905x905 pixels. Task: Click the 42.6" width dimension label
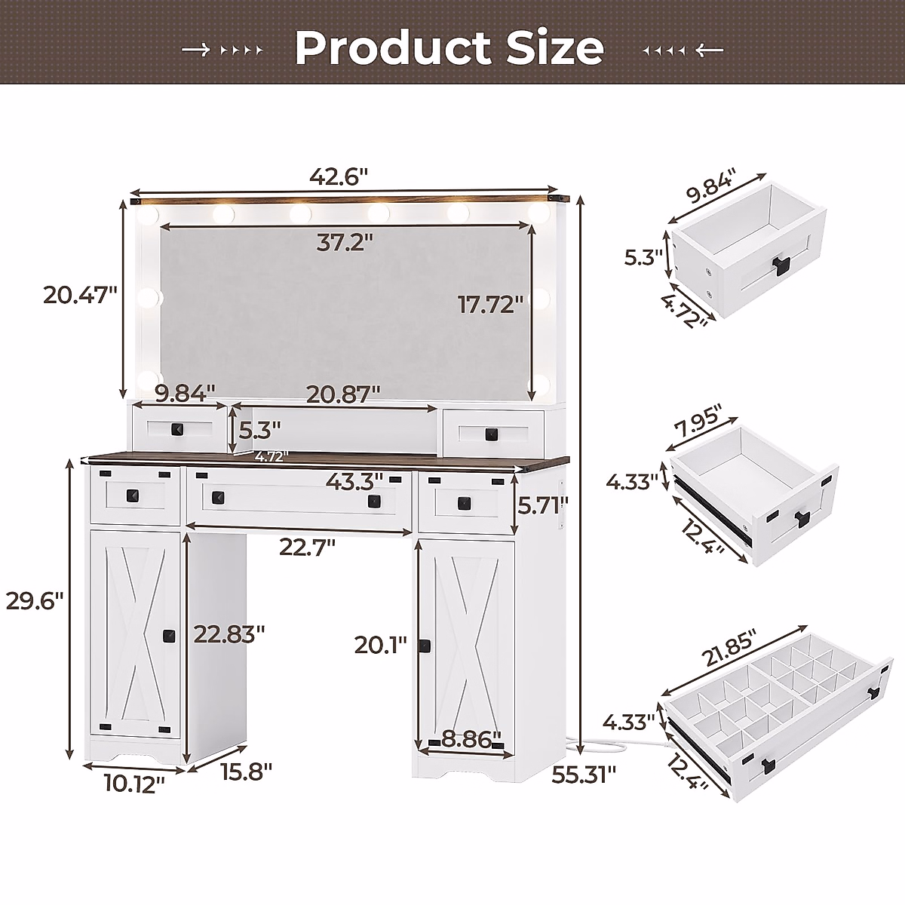338,177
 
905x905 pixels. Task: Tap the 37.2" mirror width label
345,243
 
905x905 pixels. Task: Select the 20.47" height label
80,295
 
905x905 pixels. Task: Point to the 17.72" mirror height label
491,305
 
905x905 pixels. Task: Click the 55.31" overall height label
584,774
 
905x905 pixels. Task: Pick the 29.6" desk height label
34,601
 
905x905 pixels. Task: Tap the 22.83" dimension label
229,634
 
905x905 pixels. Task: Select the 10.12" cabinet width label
136,785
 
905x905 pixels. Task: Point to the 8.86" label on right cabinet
471,738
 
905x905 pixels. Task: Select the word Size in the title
554,48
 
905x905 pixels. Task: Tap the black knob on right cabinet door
425,646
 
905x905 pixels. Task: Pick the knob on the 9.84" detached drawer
778,264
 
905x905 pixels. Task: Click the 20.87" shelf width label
342,394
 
